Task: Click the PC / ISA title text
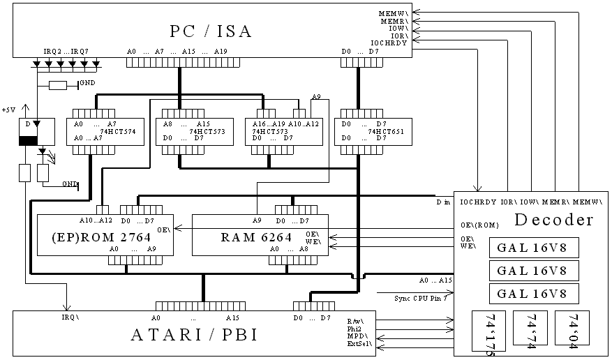coord(211,31)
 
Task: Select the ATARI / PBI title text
coord(194,335)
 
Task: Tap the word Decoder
coord(554,221)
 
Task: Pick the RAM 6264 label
coord(256,237)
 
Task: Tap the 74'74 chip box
coord(530,325)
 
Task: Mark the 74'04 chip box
coord(572,325)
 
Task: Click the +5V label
coord(9,110)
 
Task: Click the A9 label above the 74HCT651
coord(316,96)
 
